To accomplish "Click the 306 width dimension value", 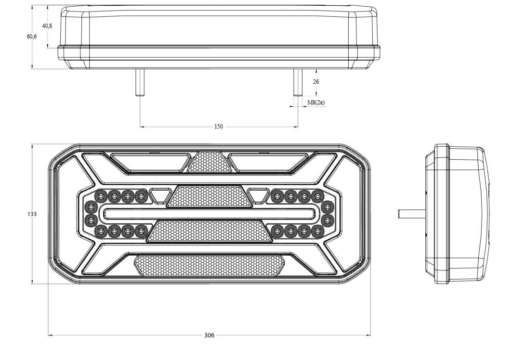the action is coord(210,335).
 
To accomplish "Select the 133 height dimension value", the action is coord(32,214).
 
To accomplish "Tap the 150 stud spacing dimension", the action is coord(219,126).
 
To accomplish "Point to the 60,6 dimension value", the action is coord(32,37).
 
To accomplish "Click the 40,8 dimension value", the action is coord(47,26).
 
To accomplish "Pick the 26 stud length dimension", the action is coord(316,82).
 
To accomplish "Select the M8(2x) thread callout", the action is coord(316,103).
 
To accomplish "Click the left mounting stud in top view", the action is coord(140,83).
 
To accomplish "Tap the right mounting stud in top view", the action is coord(298,83).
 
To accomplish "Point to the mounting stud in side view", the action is coord(412,214).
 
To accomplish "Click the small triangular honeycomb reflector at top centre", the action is coord(209,162).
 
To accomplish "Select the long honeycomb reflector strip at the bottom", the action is coord(210,266).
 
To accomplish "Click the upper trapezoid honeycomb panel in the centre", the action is coord(210,196).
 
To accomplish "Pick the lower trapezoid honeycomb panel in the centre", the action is coord(210,231).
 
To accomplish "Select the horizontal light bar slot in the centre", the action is coord(210,214).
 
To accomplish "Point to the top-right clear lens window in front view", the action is coord(267,163).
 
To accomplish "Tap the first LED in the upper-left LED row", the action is coord(101,196).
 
